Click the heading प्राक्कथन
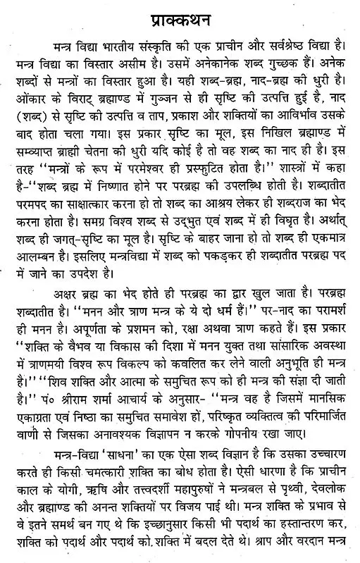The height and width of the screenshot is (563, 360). point(180,14)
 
